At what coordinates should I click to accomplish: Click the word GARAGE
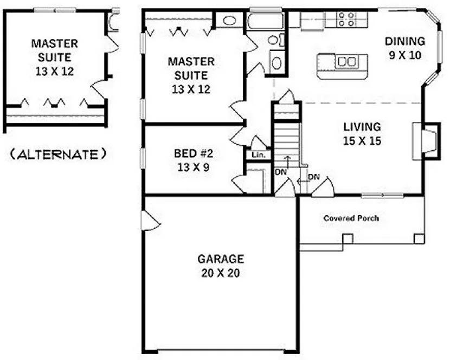click(220, 259)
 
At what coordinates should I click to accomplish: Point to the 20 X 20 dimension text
click(220, 273)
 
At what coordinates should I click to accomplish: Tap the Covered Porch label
click(351, 218)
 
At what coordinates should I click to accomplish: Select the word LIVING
click(362, 127)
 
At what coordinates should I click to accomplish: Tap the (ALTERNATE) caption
click(58, 155)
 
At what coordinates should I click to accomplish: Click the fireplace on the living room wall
click(424, 140)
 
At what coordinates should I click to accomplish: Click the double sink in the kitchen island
click(345, 62)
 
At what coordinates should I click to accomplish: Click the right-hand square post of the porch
click(419, 238)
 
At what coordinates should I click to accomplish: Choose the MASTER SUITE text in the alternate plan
click(54, 49)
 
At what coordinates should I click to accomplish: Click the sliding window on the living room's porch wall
click(382, 194)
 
